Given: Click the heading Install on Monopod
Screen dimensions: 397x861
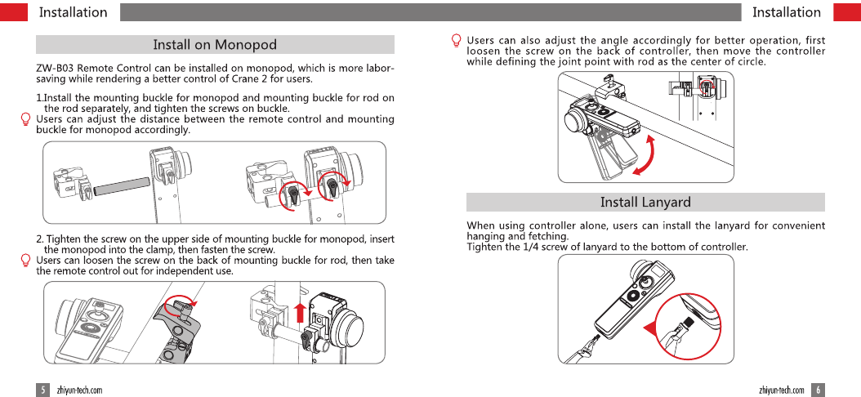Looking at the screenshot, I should [x=215, y=45].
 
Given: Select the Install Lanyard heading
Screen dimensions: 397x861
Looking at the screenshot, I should [x=645, y=202].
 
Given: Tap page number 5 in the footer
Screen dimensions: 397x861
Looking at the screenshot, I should [x=42, y=390].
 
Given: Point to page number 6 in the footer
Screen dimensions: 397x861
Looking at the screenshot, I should [x=818, y=390].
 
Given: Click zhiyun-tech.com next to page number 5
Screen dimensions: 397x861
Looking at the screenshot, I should [x=79, y=390].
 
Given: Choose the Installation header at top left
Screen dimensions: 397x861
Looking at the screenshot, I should [x=73, y=12].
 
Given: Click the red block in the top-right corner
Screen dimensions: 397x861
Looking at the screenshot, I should [x=846, y=12].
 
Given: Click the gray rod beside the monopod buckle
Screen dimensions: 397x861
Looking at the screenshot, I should [x=121, y=186].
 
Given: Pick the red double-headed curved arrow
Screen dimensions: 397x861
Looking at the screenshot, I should [x=647, y=154].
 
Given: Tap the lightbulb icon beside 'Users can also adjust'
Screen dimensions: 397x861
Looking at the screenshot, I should [x=457, y=41].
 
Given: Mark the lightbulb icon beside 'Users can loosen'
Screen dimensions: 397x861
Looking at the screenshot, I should [x=26, y=261].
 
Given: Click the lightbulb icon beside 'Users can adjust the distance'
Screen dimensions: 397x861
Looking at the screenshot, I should [x=26, y=119].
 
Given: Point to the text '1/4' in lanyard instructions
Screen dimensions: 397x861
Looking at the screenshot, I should [x=545, y=247].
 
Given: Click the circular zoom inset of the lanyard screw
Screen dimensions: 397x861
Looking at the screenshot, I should [x=690, y=327].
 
